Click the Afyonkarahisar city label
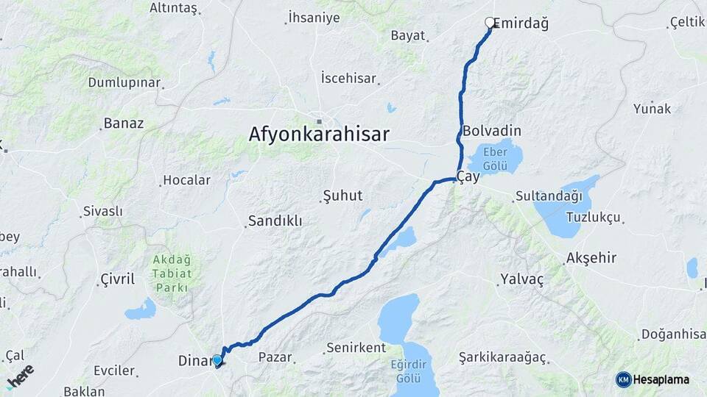(x=318, y=135)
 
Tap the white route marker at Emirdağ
(x=490, y=23)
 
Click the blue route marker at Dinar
(x=217, y=360)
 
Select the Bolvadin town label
(x=492, y=131)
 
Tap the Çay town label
(x=469, y=177)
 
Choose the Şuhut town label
(x=342, y=196)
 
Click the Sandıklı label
(x=275, y=221)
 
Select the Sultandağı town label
(x=549, y=196)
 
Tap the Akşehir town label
(x=591, y=259)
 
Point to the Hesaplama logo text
(x=661, y=379)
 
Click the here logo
(x=20, y=374)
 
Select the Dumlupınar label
(x=124, y=82)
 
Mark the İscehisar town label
(x=348, y=78)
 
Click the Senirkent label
(x=356, y=347)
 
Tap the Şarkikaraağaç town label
(x=502, y=357)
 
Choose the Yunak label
(x=652, y=109)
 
